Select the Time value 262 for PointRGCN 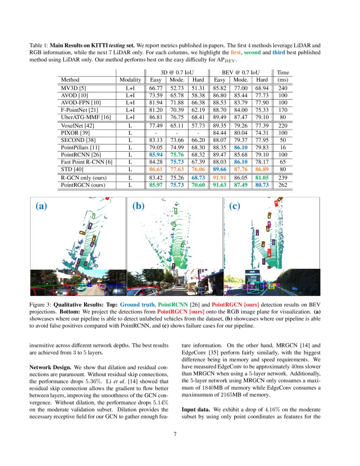(283, 185)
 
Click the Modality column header (130, 80)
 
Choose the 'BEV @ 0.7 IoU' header (241, 72)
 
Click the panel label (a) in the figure (41, 206)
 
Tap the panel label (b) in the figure (138, 206)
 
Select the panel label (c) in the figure (235, 206)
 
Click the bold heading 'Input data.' (196, 410)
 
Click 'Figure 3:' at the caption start (40, 305)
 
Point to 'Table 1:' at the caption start (39, 45)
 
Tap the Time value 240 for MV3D (283, 88)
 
